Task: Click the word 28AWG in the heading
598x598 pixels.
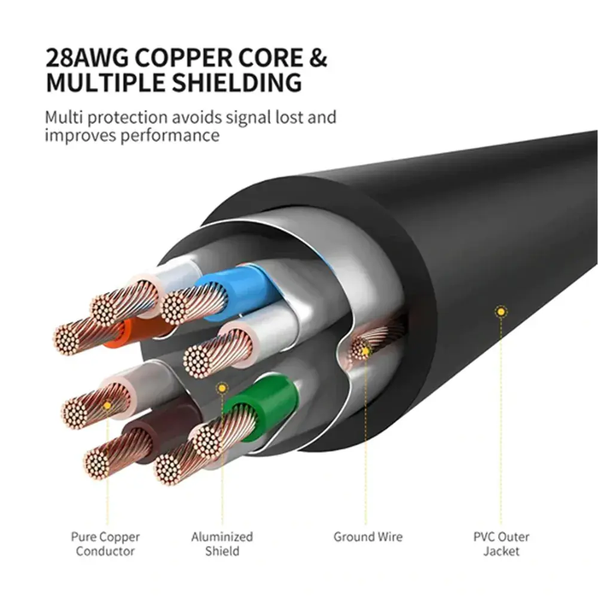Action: [x=88, y=59]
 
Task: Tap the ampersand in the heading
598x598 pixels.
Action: [x=316, y=59]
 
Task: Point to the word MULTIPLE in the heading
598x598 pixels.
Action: [x=107, y=84]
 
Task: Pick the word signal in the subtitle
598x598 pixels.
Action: [x=236, y=116]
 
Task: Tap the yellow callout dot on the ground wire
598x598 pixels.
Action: [x=365, y=350]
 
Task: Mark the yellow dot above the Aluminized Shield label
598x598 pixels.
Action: [x=222, y=388]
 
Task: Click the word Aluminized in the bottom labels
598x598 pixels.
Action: [x=222, y=536]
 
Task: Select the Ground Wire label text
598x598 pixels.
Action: [x=367, y=536]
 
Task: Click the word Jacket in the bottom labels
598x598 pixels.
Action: [x=501, y=552]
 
